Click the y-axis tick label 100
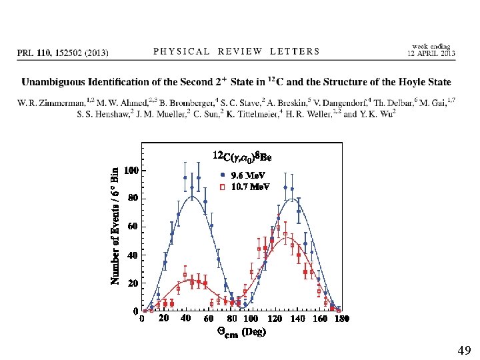pos(131,170)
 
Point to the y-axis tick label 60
pos(133,227)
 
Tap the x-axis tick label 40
pos(185,319)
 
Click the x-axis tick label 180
pos(342,319)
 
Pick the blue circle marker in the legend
pos(223,175)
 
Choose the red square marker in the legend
pos(223,187)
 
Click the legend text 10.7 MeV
pos(251,187)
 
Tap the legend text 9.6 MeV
pos(248,175)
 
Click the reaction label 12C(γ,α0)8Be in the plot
pos(242,155)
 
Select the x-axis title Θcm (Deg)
pos(241,332)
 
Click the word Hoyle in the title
pos(413,82)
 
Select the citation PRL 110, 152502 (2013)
pos(63,53)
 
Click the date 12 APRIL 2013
pos(431,53)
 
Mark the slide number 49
pos(464,350)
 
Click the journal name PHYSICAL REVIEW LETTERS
pos(236,51)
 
